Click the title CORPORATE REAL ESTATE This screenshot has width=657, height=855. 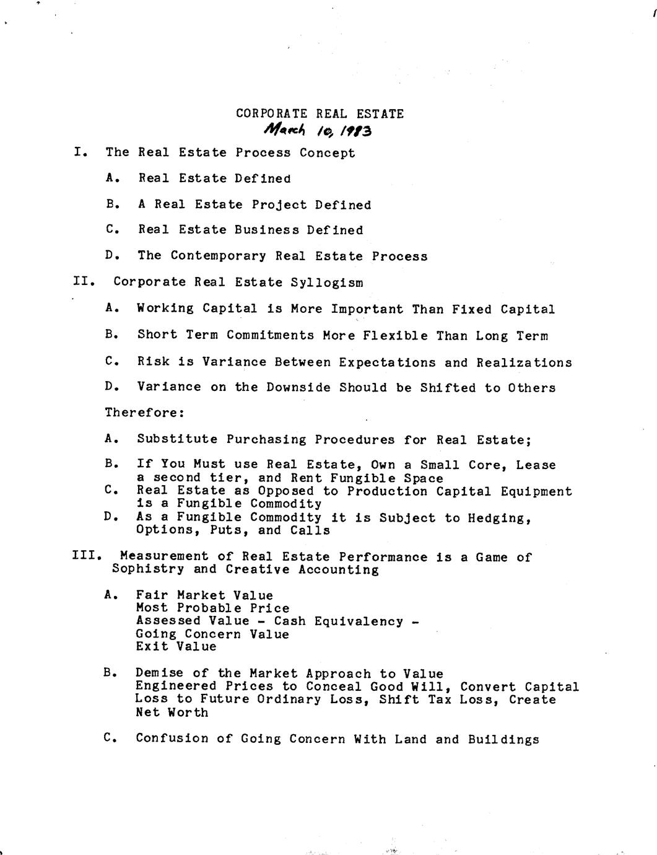[x=320, y=114]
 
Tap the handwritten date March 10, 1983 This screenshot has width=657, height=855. [x=318, y=131]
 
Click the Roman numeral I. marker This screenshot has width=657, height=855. [x=80, y=152]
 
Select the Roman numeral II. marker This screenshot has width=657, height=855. [x=84, y=282]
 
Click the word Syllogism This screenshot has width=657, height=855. [x=327, y=283]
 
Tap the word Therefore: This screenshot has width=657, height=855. [x=144, y=413]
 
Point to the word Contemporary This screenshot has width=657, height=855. [x=219, y=256]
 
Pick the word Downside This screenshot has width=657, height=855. [x=298, y=388]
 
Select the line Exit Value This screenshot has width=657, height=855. [x=176, y=647]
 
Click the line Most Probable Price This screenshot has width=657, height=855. [x=212, y=608]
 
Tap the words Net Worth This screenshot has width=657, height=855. [x=172, y=712]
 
